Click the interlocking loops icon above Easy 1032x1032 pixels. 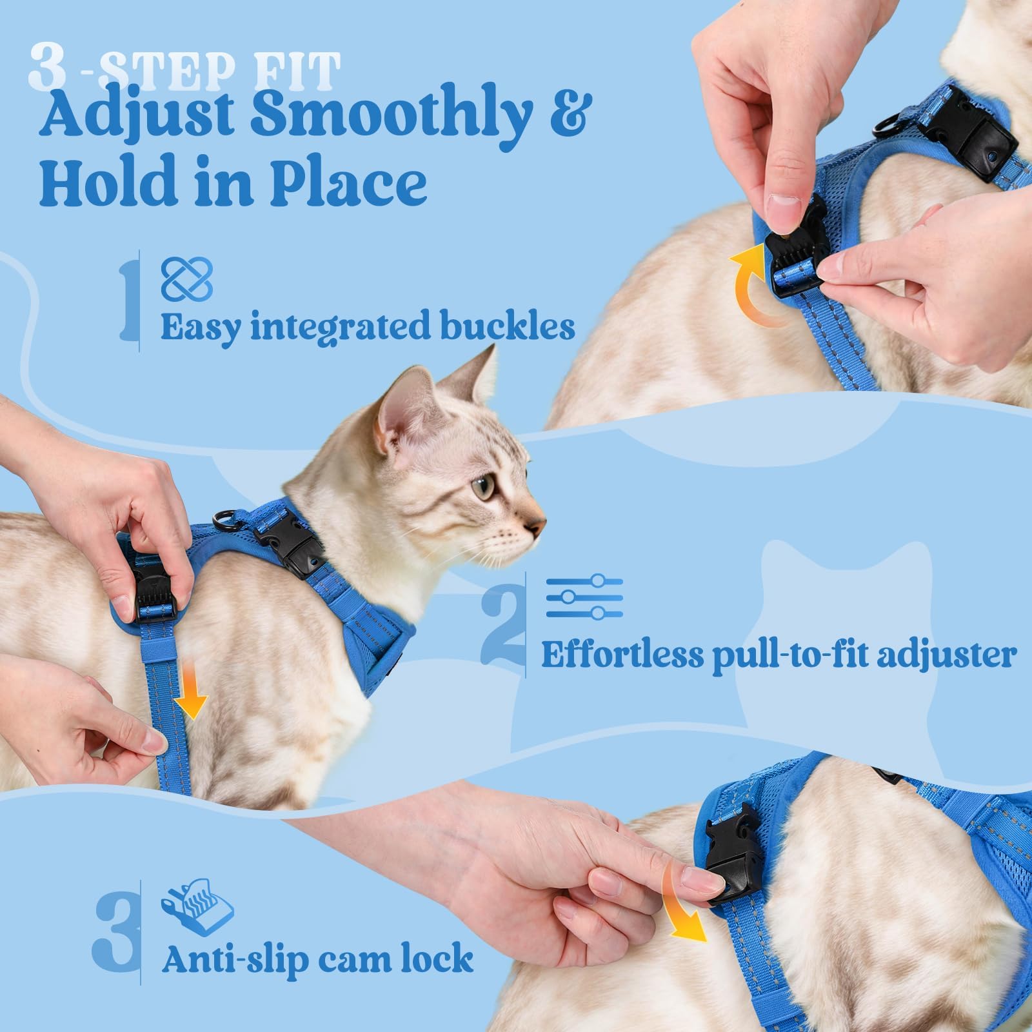pyautogui.click(x=186, y=279)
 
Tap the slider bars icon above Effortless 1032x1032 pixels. pyautogui.click(x=584, y=597)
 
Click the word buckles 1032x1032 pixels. pyautogui.click(x=509, y=326)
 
